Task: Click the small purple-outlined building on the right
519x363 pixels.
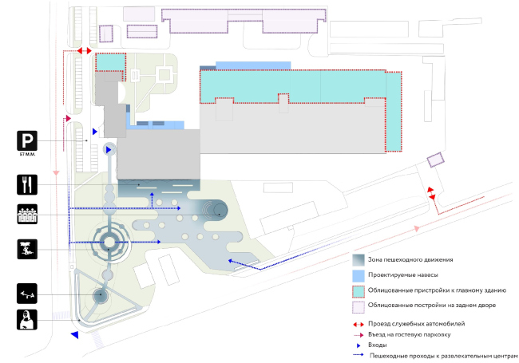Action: [435, 160]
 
